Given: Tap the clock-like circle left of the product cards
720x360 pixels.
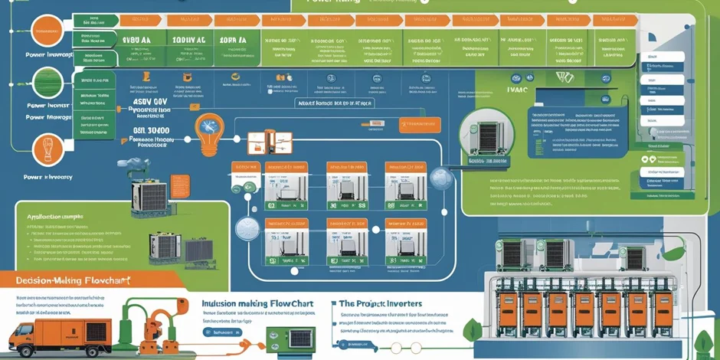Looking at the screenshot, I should [248, 229].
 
